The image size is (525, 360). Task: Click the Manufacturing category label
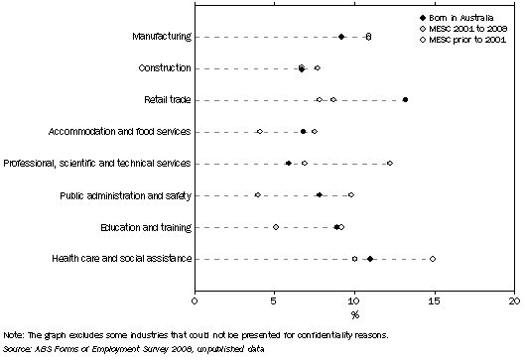[161, 37]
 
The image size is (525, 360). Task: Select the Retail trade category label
[164, 100]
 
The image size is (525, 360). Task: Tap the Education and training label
[146, 227]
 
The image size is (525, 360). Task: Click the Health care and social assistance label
[124, 259]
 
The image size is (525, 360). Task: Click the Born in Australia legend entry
[474, 19]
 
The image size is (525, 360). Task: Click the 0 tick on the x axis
[195, 299]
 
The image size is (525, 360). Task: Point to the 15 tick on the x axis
[435, 299]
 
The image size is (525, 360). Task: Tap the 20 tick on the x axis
[514, 299]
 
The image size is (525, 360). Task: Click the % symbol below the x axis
[354, 314]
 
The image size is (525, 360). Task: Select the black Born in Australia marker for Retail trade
[406, 100]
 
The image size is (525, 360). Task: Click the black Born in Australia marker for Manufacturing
[341, 37]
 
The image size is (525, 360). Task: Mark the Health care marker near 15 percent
[433, 259]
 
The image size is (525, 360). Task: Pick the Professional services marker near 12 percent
[390, 164]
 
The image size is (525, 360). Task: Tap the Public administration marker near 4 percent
[258, 195]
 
